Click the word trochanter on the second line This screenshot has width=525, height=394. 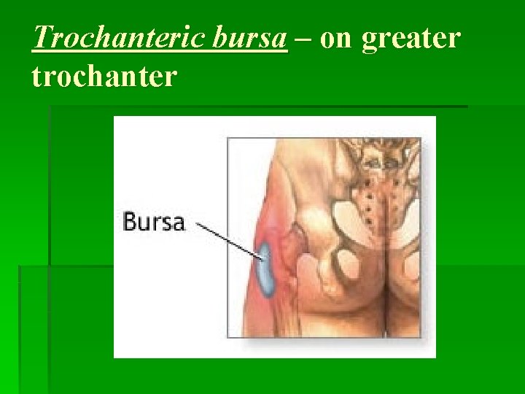[104, 75]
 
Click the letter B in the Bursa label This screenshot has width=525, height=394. [130, 221]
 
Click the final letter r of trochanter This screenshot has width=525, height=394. [171, 76]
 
